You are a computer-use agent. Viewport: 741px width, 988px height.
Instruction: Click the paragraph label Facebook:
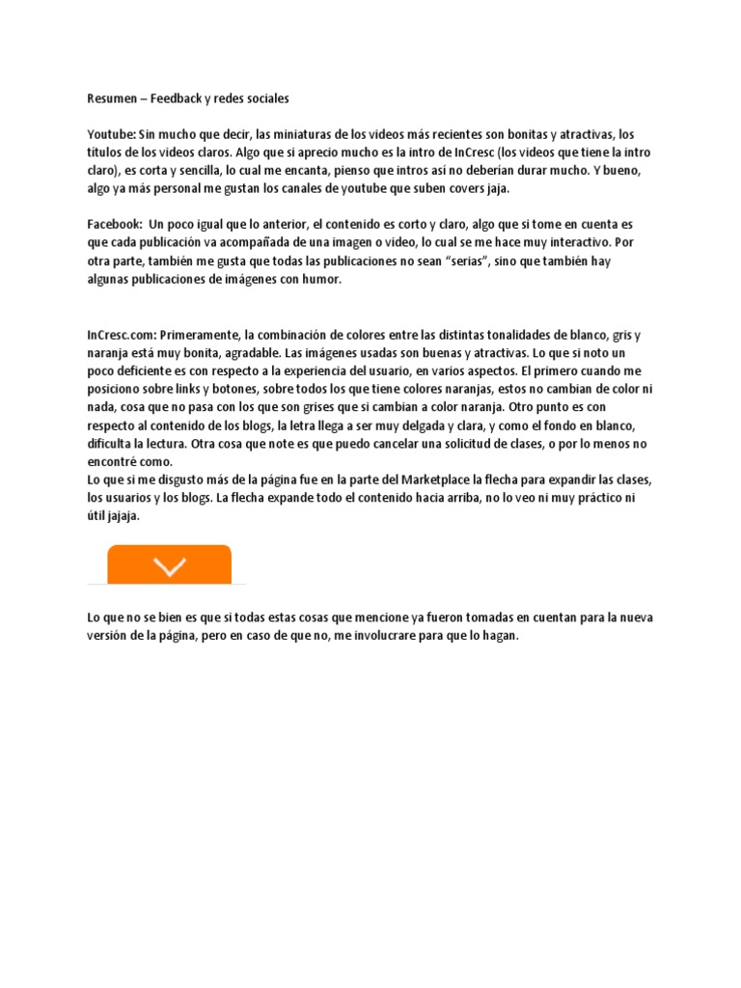tap(115, 224)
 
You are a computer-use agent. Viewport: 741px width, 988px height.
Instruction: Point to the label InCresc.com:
tap(122, 335)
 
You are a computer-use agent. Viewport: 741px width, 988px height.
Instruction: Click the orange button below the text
tap(169, 564)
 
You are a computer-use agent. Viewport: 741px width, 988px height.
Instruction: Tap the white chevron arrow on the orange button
tap(169, 567)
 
